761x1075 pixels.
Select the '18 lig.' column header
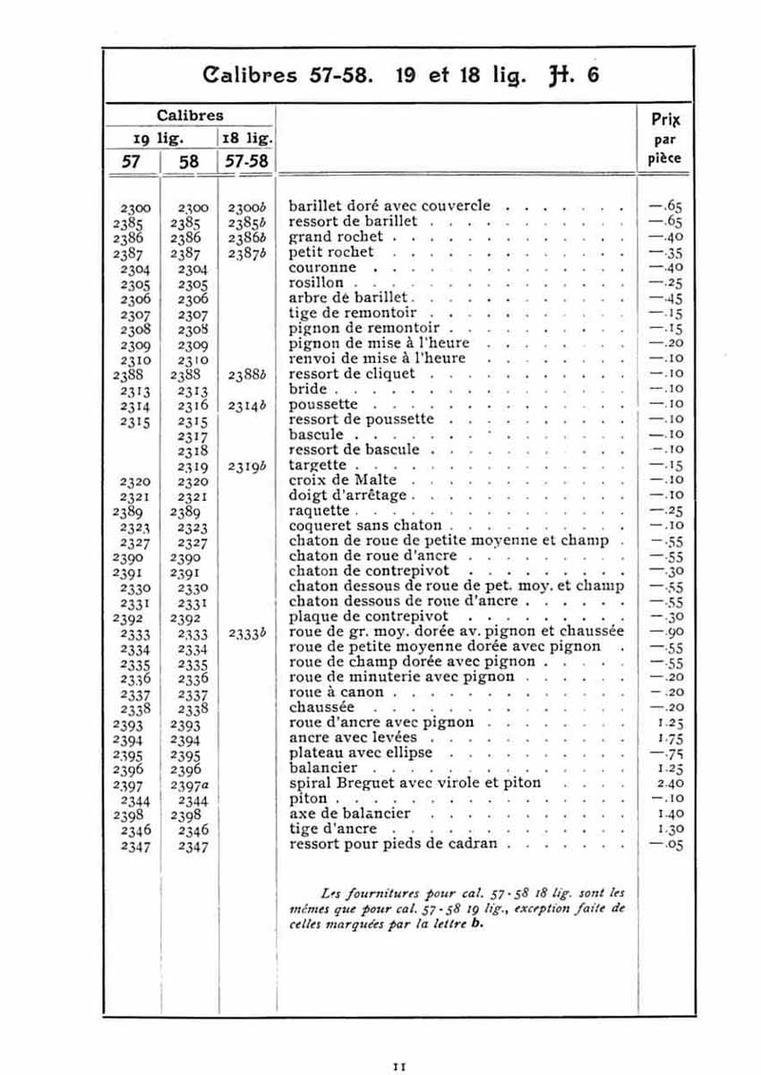[x=246, y=138]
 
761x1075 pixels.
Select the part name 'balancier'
[x=323, y=769]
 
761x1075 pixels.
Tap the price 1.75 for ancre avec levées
[x=663, y=738]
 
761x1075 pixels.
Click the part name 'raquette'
[x=320, y=511]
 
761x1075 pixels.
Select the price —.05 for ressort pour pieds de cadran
[x=663, y=845]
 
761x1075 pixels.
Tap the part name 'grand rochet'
[x=336, y=237]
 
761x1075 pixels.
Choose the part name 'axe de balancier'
[x=349, y=814]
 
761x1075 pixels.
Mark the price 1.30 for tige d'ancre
[x=663, y=830]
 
